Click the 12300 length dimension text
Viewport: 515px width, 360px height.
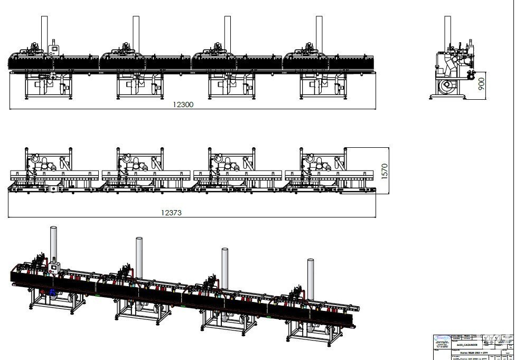[183, 105]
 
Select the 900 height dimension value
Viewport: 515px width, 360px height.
[481, 84]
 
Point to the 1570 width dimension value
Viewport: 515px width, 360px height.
[385, 170]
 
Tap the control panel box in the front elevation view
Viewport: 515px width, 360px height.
[53, 50]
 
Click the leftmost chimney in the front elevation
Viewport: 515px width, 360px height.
[44, 32]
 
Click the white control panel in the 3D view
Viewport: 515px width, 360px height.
[53, 269]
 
